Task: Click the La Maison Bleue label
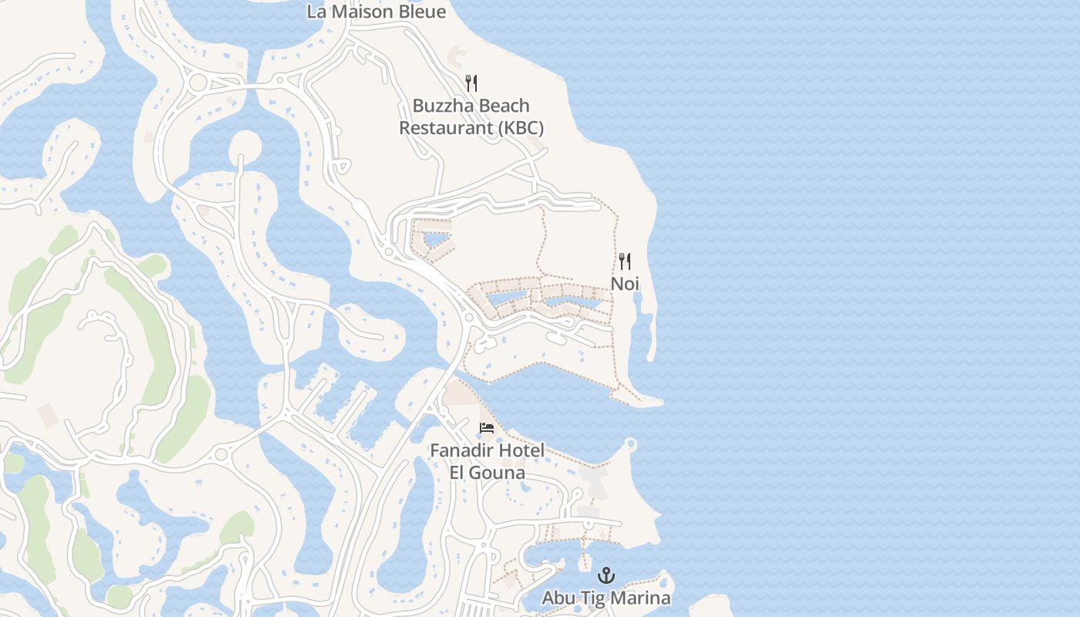pos(376,12)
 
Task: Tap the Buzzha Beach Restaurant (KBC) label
pos(471,116)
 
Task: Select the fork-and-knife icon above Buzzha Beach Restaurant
pos(471,83)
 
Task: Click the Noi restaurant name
pos(625,283)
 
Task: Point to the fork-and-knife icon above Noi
pos(625,261)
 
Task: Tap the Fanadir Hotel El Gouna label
pos(487,460)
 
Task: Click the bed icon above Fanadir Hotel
pos(487,428)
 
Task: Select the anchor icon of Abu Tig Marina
pos(606,575)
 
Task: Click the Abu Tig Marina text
pos(606,598)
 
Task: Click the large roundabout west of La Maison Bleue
pos(198,83)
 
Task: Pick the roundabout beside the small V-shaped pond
pos(389,251)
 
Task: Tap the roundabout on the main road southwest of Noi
pos(469,318)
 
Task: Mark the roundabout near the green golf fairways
pos(221,454)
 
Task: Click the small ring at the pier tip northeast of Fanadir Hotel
pos(630,443)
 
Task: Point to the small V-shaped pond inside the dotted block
pos(435,240)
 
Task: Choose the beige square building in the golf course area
pos(47,414)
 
